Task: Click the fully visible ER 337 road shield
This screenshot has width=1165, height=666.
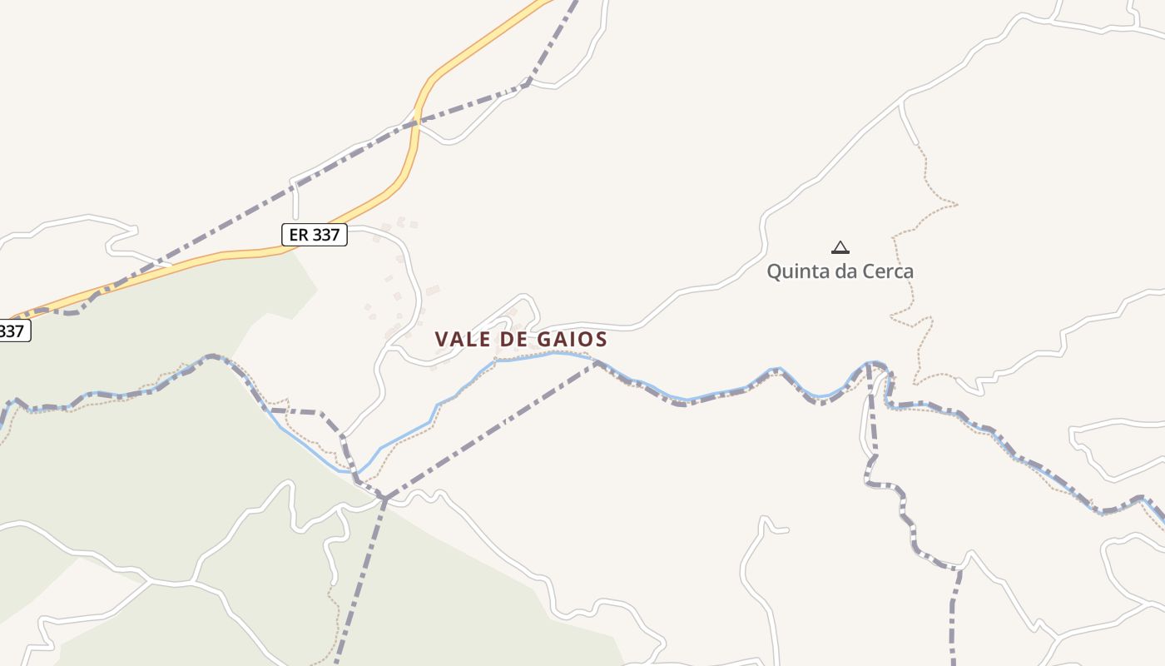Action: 314,235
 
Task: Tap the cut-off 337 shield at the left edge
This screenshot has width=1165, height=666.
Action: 12,331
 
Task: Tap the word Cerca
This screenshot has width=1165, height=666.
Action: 888,271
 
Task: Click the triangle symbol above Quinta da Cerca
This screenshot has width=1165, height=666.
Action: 840,247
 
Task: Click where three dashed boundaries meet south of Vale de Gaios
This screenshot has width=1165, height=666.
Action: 384,497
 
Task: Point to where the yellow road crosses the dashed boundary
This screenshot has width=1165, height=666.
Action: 415,124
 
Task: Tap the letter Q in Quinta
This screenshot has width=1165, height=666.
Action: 774,271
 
